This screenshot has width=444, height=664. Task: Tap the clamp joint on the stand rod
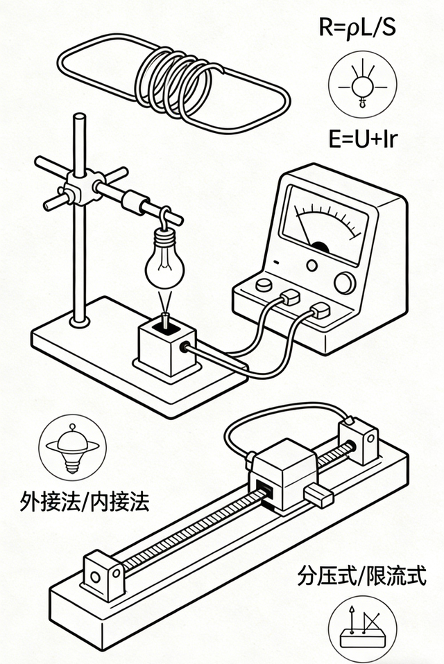click(x=76, y=185)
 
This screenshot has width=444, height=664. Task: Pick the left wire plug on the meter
click(x=289, y=297)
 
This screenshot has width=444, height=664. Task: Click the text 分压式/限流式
click(x=361, y=575)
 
